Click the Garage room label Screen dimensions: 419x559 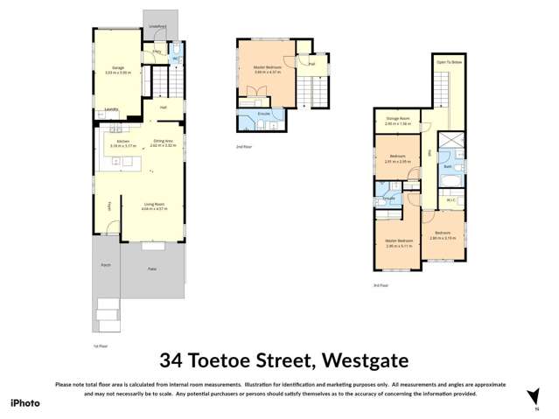point(117,69)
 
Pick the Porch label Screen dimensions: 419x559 point(106,263)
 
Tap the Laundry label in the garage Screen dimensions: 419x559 point(111,109)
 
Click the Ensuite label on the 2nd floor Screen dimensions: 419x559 point(263,114)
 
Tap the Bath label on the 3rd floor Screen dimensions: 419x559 point(447,165)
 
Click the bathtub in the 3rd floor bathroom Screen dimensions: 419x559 point(449,182)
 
